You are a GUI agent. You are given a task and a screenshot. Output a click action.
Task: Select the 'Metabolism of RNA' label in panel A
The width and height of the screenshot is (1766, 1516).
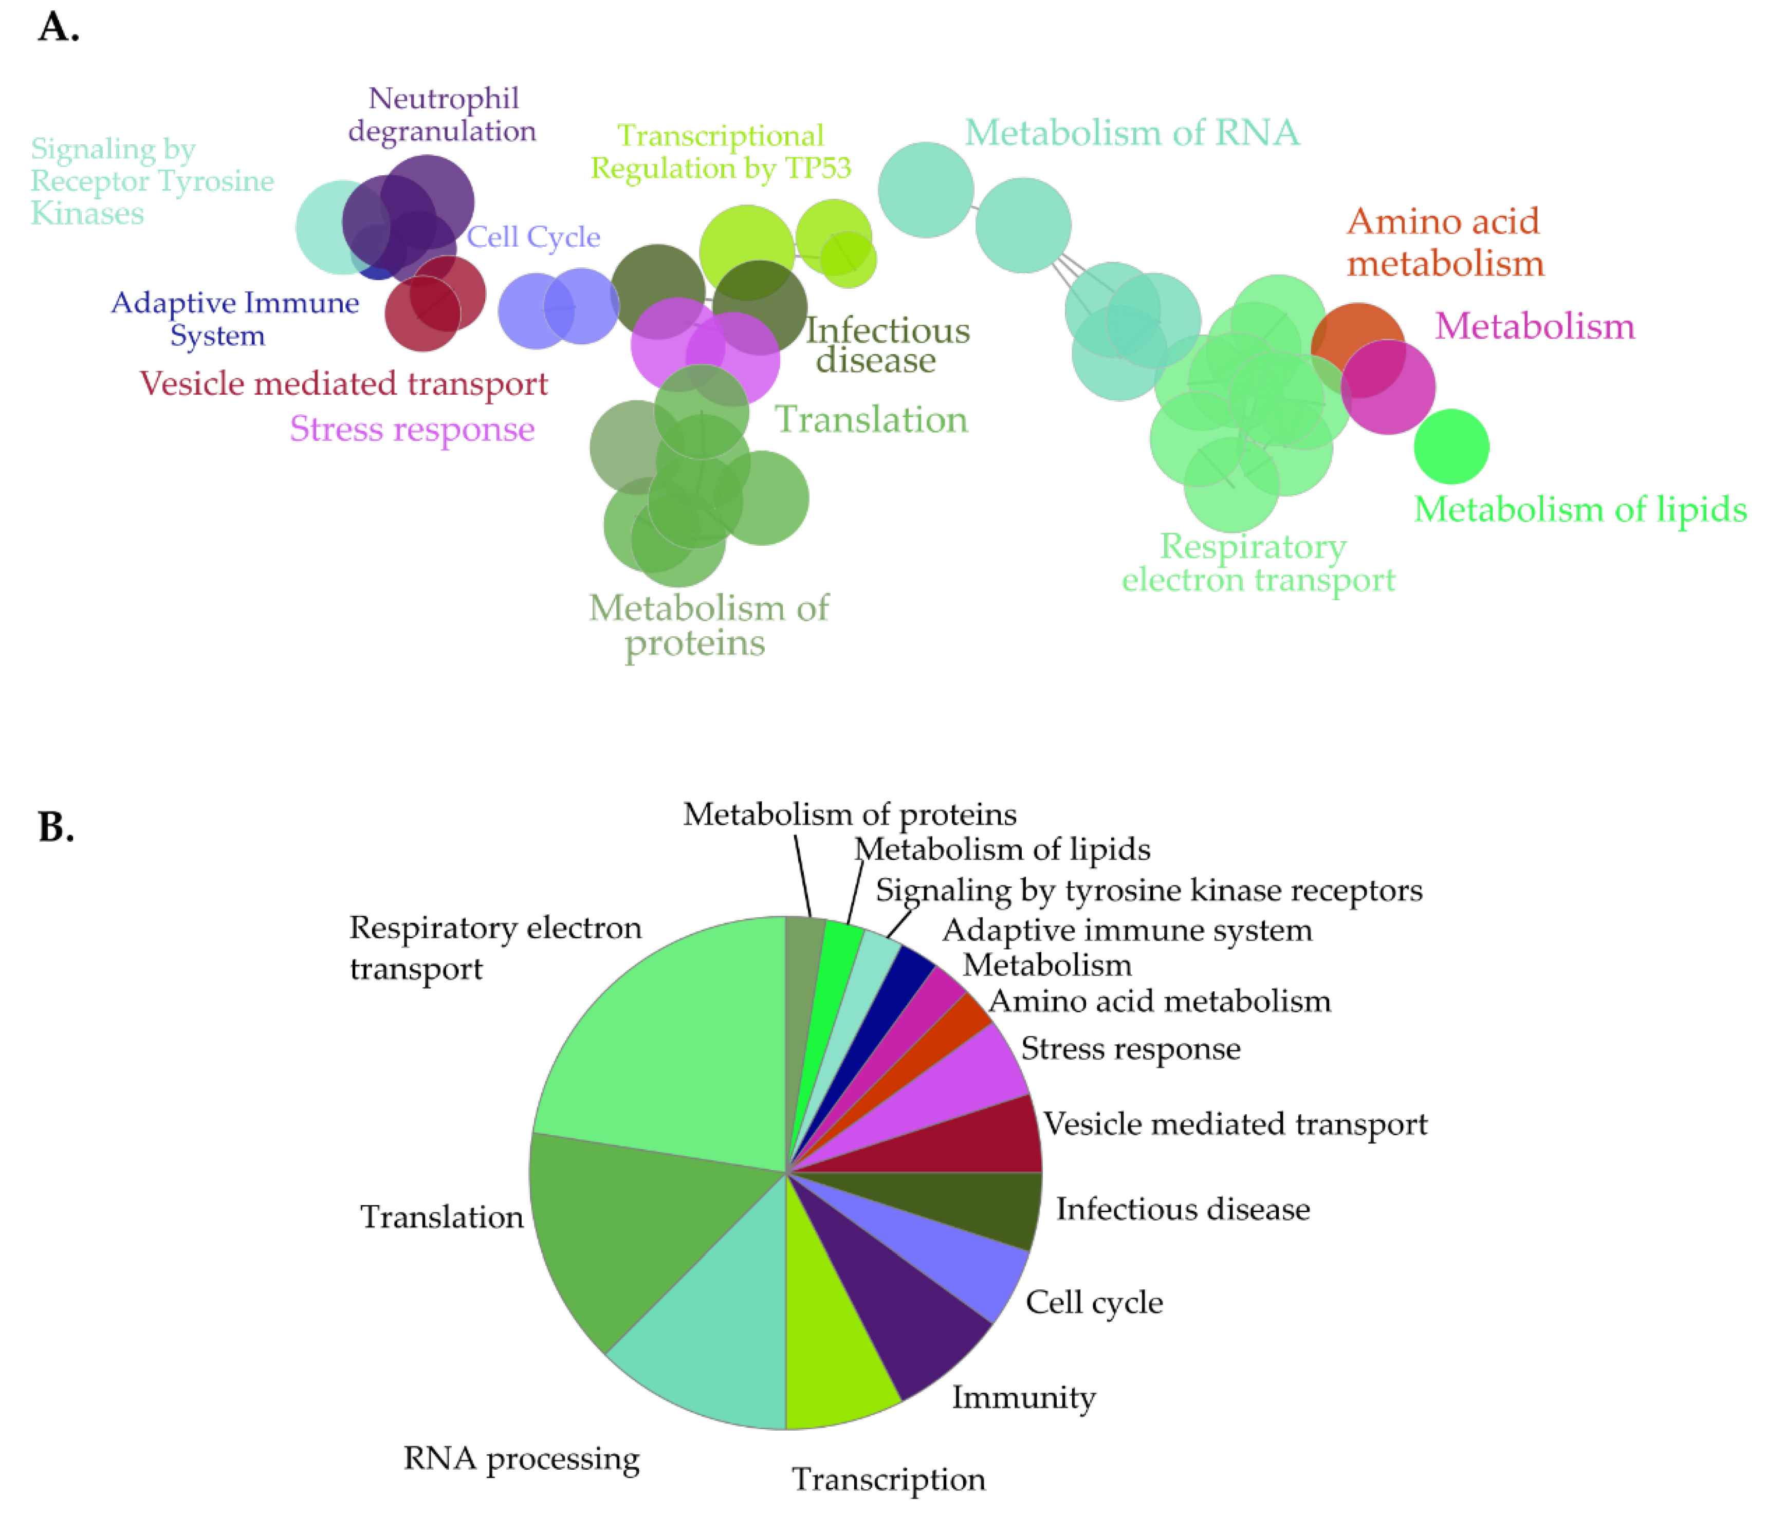(x=1132, y=133)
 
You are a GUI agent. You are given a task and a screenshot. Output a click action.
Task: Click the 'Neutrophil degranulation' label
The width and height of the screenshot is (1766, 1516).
(x=443, y=115)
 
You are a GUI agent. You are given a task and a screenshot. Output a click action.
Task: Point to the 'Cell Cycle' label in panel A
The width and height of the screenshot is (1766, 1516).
(x=534, y=237)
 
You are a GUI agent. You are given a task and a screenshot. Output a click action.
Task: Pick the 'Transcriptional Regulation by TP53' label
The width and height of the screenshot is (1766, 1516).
(x=721, y=152)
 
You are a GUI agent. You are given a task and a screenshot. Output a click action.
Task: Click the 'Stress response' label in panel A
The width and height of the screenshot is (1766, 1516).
(x=413, y=429)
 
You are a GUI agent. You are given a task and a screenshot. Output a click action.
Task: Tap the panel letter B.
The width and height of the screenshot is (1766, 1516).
(x=56, y=826)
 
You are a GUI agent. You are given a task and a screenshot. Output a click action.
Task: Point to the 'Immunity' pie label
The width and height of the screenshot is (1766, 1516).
(x=1023, y=1398)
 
